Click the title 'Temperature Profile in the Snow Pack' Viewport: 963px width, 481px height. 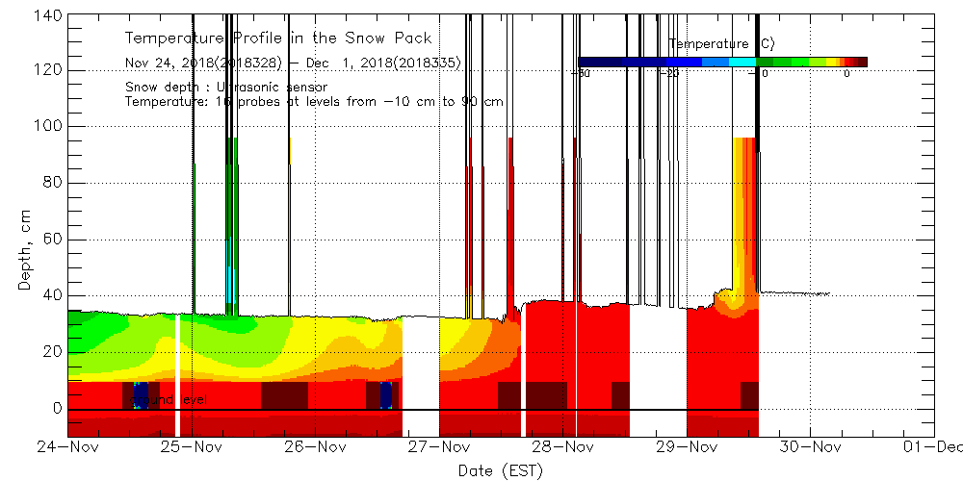point(278,38)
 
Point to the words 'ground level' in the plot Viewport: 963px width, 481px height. point(168,398)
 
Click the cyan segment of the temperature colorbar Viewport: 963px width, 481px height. point(742,62)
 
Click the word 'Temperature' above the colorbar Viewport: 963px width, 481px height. point(708,44)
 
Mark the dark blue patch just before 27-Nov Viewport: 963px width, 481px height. point(386,394)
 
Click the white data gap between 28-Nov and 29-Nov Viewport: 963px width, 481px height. point(658,370)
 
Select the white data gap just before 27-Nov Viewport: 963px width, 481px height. point(420,375)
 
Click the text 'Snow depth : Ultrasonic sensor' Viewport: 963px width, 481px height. point(226,88)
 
